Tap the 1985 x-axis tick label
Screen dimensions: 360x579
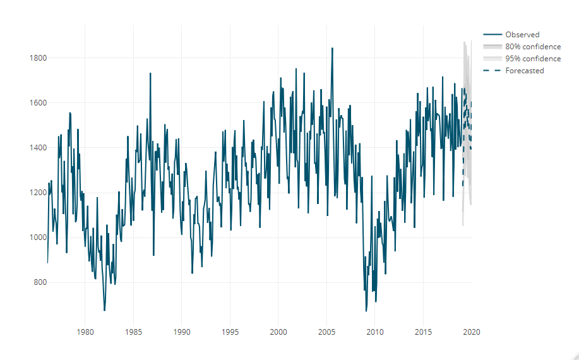click(x=133, y=332)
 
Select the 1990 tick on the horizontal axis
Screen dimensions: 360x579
click(x=182, y=332)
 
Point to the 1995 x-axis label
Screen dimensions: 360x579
click(x=230, y=332)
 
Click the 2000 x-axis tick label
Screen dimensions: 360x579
click(x=278, y=332)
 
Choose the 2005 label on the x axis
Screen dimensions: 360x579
click(x=326, y=332)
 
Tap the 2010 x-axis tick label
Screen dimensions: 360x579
click(x=375, y=332)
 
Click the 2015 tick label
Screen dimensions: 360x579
click(x=423, y=332)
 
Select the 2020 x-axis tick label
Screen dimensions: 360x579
click(x=472, y=332)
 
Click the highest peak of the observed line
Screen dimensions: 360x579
click(x=332, y=48)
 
